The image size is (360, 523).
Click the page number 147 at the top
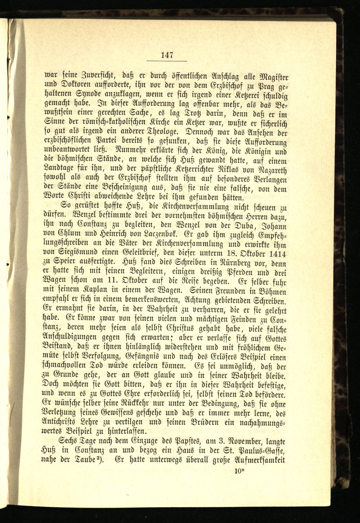click(x=168, y=55)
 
